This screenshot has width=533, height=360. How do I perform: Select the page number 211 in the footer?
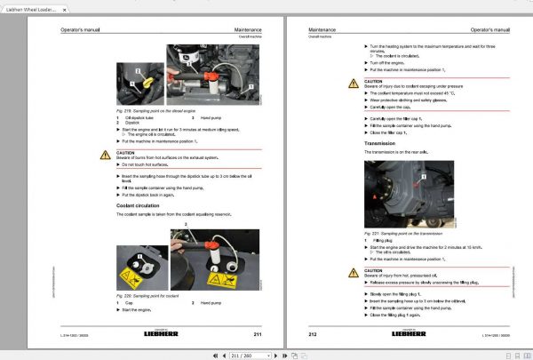click(x=257, y=333)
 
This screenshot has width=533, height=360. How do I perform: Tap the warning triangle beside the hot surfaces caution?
click(x=106, y=155)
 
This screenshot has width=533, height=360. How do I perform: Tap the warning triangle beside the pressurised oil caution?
click(x=353, y=273)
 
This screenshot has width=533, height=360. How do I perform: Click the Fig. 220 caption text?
click(x=147, y=295)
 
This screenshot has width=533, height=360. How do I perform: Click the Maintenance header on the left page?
click(x=248, y=30)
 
